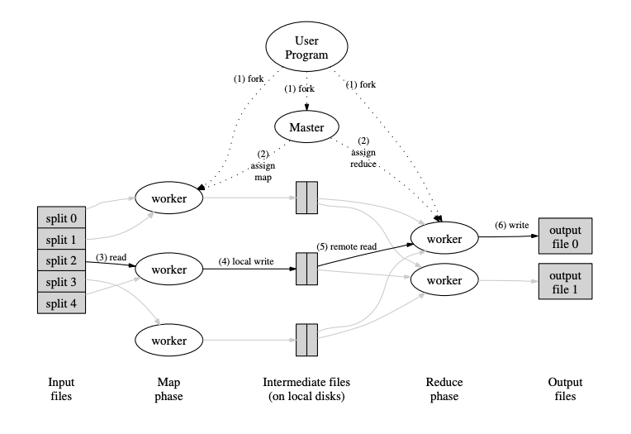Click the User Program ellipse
(306, 47)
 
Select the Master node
(306, 127)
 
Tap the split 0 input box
(61, 217)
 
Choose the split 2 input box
(61, 260)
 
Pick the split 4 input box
(61, 303)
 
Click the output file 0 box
(566, 236)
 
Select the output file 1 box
(566, 282)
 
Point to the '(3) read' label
(111, 257)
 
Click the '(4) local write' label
(246, 261)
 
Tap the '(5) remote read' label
(347, 246)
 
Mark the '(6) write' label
(512, 225)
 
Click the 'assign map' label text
(263, 172)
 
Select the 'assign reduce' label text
(363, 159)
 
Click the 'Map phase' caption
(168, 389)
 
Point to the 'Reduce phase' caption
(444, 389)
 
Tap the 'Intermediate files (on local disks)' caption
(306, 389)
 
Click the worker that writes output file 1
(444, 280)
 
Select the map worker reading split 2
(169, 269)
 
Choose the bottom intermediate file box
(306, 340)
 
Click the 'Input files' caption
(61, 389)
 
